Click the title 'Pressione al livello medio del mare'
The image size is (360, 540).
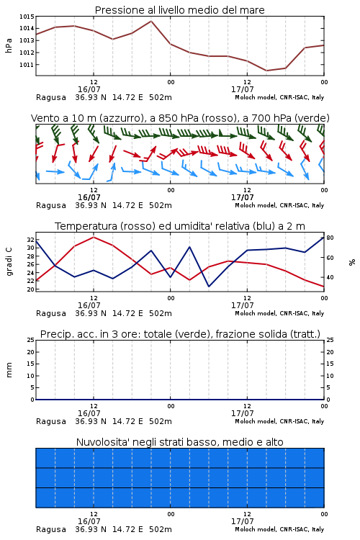179,10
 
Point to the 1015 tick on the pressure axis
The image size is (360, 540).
27,17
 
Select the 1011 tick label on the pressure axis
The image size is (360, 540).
27,65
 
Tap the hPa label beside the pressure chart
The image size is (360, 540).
9,45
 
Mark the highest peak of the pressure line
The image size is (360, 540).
151,21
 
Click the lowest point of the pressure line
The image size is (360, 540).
266,71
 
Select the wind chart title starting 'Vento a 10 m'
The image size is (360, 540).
180,118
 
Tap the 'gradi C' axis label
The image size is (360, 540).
9,262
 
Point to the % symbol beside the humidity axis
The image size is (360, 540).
352,262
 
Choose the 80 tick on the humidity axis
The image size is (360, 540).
330,238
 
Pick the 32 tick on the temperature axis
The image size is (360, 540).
30,240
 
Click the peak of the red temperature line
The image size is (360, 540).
94,237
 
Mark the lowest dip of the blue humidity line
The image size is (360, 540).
209,287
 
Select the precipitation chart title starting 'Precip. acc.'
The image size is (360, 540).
180,334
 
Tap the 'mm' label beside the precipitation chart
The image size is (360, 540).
9,370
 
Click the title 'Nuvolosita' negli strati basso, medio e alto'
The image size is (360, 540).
179,442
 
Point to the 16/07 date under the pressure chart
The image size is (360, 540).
89,89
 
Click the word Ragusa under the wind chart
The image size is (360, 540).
51,206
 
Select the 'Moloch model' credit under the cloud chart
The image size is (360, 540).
256,529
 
